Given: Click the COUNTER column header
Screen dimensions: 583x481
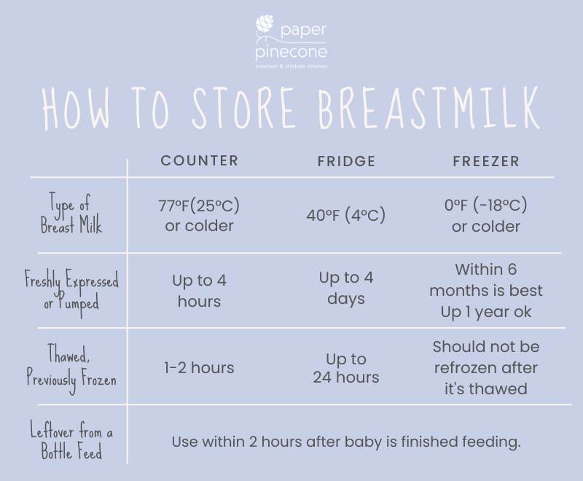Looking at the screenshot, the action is (199, 160).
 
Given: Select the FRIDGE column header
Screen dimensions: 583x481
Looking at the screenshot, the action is (346, 161).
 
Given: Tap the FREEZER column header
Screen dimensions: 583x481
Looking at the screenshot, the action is (486, 161).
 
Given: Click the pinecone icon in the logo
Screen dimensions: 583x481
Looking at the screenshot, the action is (265, 26).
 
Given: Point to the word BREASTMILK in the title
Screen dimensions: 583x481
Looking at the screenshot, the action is (429, 108).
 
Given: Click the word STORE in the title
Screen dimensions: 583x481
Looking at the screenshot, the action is (243, 108).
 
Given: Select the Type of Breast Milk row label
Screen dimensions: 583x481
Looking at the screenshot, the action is (71, 214).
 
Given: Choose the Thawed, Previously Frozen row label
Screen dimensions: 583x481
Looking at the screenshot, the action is (71, 368).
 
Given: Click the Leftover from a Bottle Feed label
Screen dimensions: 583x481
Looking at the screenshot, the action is (71, 441).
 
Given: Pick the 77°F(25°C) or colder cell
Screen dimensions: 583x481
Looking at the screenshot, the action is (199, 216).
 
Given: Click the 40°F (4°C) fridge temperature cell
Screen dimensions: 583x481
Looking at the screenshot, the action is (345, 215).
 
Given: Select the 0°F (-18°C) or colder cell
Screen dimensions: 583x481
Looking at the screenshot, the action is (486, 216).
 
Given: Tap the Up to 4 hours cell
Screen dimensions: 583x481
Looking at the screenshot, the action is (199, 291).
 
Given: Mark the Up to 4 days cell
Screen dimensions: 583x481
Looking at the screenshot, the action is (346, 288).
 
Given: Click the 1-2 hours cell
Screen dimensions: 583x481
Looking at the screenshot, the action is (199, 368).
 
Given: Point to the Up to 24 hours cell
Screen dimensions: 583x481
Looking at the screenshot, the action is (346, 368).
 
